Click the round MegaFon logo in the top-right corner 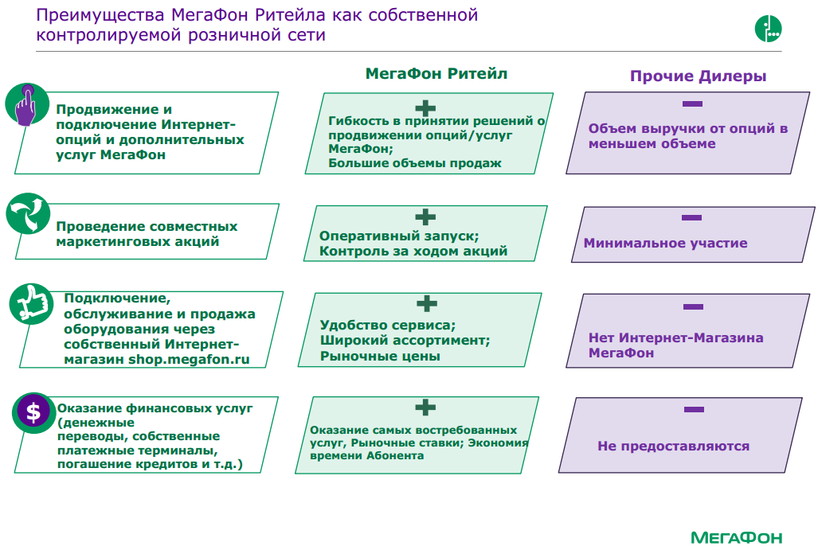tap(769, 29)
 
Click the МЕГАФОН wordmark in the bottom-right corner tap(736, 537)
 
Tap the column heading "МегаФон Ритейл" tap(436, 73)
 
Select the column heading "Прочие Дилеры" tap(699, 76)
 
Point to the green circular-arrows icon tap(28, 215)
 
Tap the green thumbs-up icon tap(29, 304)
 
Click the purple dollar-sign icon tap(33, 412)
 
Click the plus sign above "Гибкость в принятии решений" tap(427, 107)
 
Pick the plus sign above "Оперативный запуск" tap(425, 216)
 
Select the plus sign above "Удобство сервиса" tap(427, 303)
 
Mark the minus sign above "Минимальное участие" tap(691, 217)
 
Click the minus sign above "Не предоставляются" tap(694, 409)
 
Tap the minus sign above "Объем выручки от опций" tap(692, 103)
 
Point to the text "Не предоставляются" tap(673, 447)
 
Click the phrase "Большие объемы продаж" tap(415, 163)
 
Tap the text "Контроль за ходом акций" tap(413, 252)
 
